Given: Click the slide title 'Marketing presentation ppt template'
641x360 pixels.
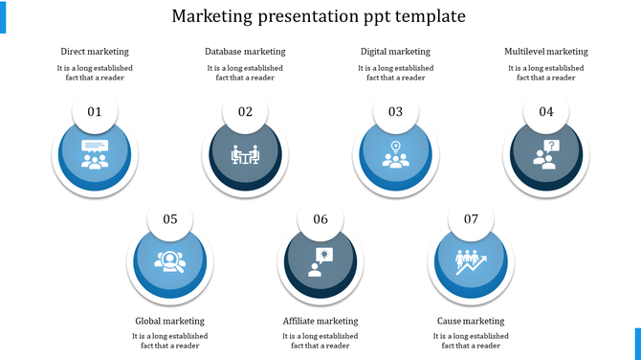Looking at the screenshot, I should [320, 17].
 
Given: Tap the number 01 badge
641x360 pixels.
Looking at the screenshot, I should [95, 112].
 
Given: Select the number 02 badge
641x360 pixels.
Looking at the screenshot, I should [245, 112].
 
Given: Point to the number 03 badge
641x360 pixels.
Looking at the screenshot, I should [395, 112].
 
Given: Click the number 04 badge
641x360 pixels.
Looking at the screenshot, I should [545, 112].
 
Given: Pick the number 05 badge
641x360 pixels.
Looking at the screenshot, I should [170, 219].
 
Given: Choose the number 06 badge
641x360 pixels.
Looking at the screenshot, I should [320, 219].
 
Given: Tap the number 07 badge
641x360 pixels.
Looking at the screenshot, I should [471, 219].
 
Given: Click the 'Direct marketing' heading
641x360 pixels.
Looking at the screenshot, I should [95, 52].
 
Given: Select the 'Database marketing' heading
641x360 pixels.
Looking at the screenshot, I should [245, 52].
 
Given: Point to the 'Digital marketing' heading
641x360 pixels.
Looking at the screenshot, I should [395, 52].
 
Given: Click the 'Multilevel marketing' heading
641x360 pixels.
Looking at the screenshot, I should [545, 52].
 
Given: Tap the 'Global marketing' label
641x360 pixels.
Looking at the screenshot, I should [170, 321].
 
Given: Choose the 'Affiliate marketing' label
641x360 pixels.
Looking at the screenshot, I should [320, 321].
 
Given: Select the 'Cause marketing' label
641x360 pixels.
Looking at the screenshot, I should [471, 321].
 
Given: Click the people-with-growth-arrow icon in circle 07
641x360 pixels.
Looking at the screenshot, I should [471, 261].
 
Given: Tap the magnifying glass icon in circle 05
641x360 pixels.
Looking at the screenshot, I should [170, 261].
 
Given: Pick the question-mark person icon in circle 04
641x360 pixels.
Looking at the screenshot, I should [545, 154].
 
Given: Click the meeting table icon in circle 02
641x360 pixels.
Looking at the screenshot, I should [245, 154].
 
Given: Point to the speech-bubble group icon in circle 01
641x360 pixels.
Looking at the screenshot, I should [95, 154].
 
